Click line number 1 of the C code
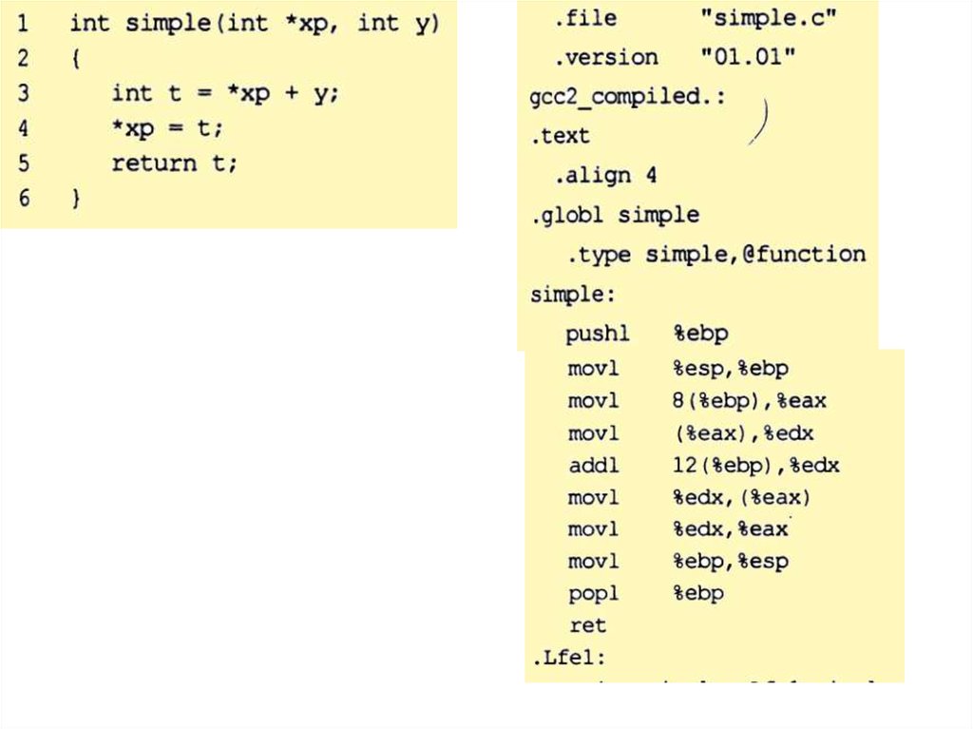[22, 23]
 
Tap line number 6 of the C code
[23, 200]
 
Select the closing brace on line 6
[74, 200]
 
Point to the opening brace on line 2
[75, 59]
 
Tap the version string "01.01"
[748, 57]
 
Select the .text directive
[560, 136]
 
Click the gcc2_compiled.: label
[628, 97]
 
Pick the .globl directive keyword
[566, 215]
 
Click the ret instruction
[587, 625]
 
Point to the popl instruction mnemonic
[593, 593]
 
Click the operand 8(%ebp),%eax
[749, 401]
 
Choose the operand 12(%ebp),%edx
[755, 466]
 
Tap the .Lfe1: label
[568, 658]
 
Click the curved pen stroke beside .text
[761, 121]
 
